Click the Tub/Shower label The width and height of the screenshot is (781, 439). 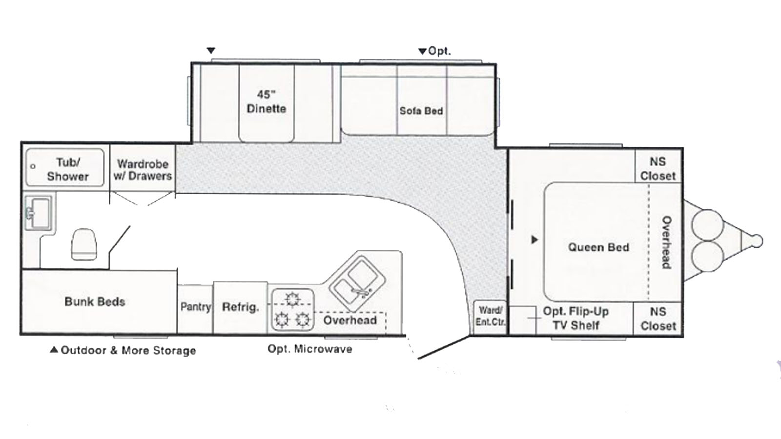(68, 169)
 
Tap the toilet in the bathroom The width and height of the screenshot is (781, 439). (83, 244)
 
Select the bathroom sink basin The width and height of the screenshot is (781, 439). (39, 213)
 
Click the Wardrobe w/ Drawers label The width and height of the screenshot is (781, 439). (143, 170)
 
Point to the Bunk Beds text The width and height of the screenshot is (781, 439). (95, 302)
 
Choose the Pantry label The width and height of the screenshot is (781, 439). (196, 307)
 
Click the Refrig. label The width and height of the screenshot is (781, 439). (241, 307)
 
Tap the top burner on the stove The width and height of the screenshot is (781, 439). (292, 299)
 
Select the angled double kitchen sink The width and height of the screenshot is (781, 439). (357, 283)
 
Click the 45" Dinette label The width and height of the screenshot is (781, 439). (267, 101)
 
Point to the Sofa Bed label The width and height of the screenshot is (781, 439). (421, 111)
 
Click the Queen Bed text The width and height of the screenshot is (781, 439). (598, 247)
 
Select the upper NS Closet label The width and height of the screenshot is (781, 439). (658, 169)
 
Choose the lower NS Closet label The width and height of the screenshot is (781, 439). (658, 319)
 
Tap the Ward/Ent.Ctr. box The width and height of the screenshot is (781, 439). (490, 317)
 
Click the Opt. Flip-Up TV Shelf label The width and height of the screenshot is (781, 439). (576, 318)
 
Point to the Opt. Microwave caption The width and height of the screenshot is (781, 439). (310, 349)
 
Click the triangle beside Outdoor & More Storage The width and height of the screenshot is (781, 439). (54, 349)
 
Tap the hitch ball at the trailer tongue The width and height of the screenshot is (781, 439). (757, 241)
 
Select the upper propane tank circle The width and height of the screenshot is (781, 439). (707, 225)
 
